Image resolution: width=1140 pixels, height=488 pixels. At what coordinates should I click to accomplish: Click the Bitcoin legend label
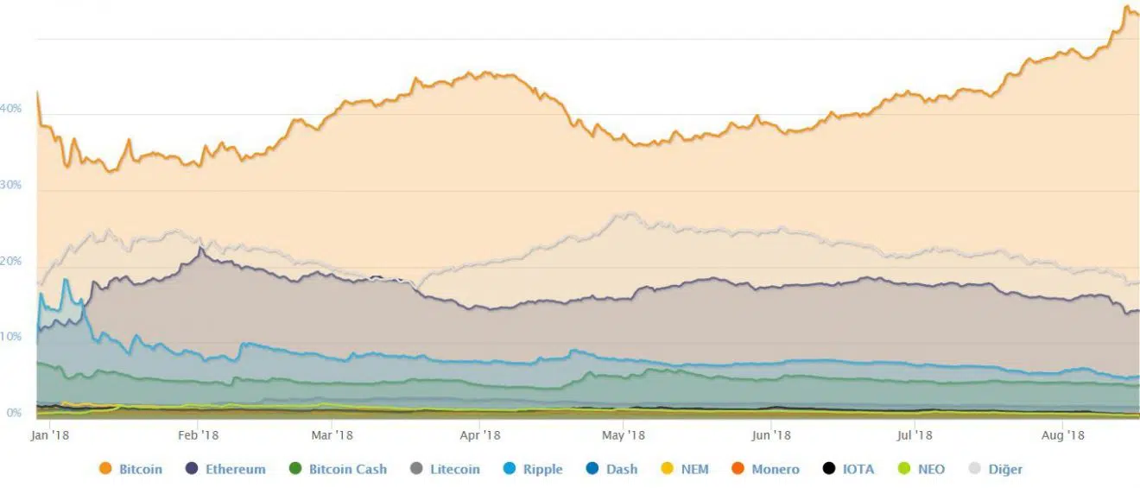click(140, 470)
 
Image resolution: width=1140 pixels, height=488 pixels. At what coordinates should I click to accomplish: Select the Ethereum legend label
click(235, 470)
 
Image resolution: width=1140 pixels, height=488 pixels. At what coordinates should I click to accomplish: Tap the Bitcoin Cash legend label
click(347, 470)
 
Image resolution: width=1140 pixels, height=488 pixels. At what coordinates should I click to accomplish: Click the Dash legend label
click(621, 470)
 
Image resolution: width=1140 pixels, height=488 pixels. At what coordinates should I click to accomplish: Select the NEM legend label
click(694, 470)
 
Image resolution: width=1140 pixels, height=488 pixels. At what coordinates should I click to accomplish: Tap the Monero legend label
click(775, 470)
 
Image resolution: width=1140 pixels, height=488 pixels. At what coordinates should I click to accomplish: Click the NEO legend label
click(931, 470)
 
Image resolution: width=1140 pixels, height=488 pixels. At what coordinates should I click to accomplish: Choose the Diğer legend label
click(1004, 470)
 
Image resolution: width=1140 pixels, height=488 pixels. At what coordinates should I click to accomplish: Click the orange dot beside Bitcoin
click(106, 469)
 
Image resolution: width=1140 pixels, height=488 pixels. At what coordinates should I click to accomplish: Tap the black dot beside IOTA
click(829, 469)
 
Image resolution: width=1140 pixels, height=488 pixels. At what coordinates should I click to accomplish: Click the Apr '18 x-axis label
click(480, 435)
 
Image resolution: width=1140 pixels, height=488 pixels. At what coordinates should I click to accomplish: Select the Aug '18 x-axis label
click(1063, 435)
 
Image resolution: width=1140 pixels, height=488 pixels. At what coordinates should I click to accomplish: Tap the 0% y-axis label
click(14, 413)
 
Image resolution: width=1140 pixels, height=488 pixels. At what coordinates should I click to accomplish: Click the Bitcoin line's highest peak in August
click(1126, 8)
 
